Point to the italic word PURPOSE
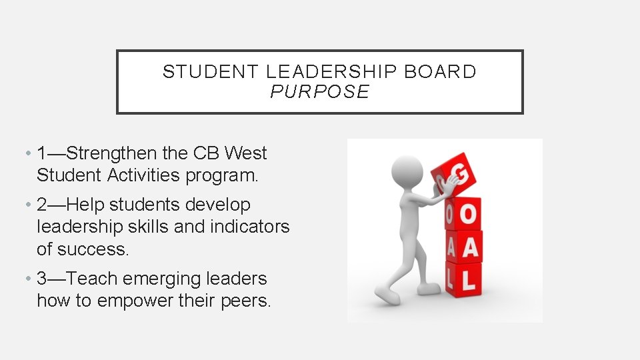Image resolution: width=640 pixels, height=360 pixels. (319, 92)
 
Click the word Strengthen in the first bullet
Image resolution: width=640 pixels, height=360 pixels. (113, 153)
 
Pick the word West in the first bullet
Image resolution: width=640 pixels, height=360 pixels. (245, 153)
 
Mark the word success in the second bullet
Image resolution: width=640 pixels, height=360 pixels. (91, 249)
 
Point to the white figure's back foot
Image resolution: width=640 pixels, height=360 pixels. (387, 293)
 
